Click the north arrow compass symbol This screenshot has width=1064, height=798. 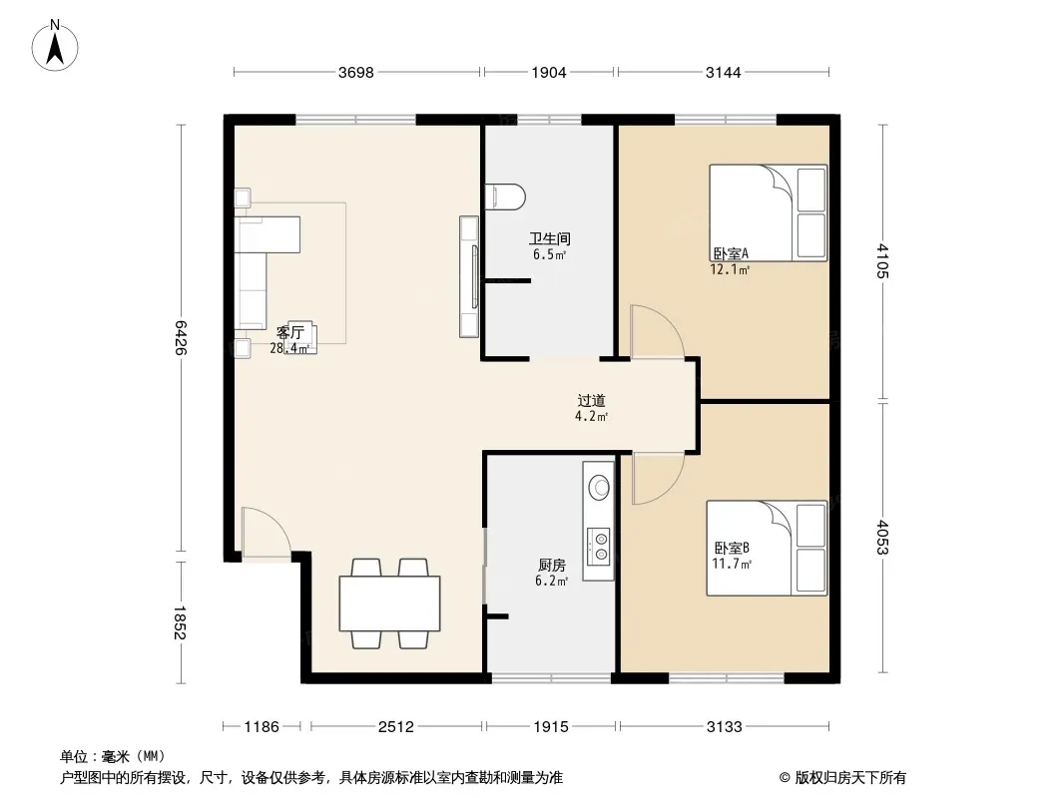coord(55,46)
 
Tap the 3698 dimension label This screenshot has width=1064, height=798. coord(356,73)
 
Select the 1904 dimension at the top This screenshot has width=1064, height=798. coord(548,73)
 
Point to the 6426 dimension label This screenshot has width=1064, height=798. coord(180,337)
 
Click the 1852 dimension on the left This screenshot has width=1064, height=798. coord(180,622)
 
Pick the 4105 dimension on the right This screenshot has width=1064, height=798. coord(882,260)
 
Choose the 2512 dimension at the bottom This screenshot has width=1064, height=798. coord(395,727)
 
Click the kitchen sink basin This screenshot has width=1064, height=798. coord(599,486)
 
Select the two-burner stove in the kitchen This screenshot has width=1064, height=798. coord(599,547)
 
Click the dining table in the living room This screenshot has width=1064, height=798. coord(389,603)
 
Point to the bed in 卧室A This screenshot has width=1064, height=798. coord(769,212)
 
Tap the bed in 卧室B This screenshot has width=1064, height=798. coord(767,549)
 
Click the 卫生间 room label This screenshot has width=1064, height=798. coord(550,238)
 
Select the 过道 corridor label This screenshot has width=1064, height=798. coord(591,401)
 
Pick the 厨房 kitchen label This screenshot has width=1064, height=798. coord(552,565)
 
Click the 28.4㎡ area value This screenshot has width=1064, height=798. coord(290,348)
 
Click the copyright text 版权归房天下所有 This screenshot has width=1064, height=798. coord(850,778)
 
